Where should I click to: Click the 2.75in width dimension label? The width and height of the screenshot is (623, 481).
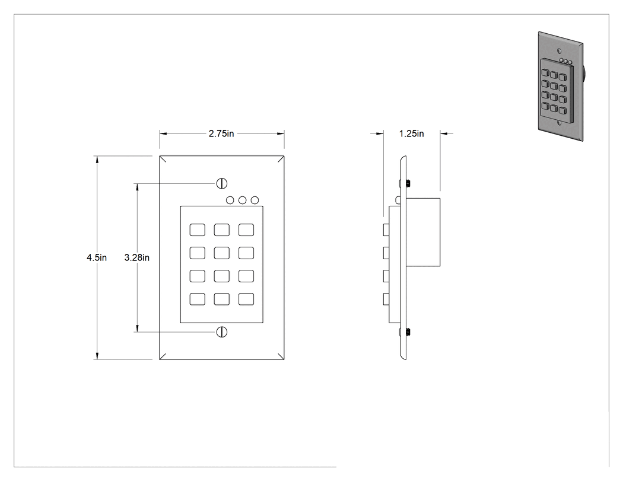[x=221, y=133]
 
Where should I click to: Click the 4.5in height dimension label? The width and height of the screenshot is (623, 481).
[x=97, y=257]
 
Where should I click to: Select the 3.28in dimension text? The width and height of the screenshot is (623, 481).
[x=136, y=257]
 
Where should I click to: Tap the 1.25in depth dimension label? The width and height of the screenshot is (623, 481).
[x=411, y=133]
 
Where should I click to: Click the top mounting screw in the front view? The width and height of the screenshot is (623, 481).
[x=222, y=183]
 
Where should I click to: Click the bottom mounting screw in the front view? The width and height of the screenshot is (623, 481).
[x=222, y=332]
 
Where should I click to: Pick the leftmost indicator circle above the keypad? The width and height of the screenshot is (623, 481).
[x=230, y=200]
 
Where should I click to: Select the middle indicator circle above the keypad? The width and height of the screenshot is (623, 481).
[x=242, y=200]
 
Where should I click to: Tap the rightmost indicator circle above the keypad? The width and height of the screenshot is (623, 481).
[x=255, y=200]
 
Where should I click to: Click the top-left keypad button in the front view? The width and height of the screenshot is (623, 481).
[x=198, y=230]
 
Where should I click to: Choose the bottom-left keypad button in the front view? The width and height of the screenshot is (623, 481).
[x=198, y=299]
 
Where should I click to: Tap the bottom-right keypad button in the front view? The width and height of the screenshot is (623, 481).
[x=246, y=299]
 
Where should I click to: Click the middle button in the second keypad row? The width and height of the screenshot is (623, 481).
[x=222, y=253]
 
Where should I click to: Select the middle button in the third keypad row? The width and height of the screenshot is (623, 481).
[x=222, y=276]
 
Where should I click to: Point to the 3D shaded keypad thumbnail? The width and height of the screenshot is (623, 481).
[x=561, y=86]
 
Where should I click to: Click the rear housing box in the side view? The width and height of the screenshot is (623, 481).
[x=423, y=232]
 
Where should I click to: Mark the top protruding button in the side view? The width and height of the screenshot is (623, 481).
[x=386, y=230]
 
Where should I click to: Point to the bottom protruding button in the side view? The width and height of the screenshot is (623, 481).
[x=386, y=299]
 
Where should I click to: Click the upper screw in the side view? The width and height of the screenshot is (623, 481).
[x=408, y=183]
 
